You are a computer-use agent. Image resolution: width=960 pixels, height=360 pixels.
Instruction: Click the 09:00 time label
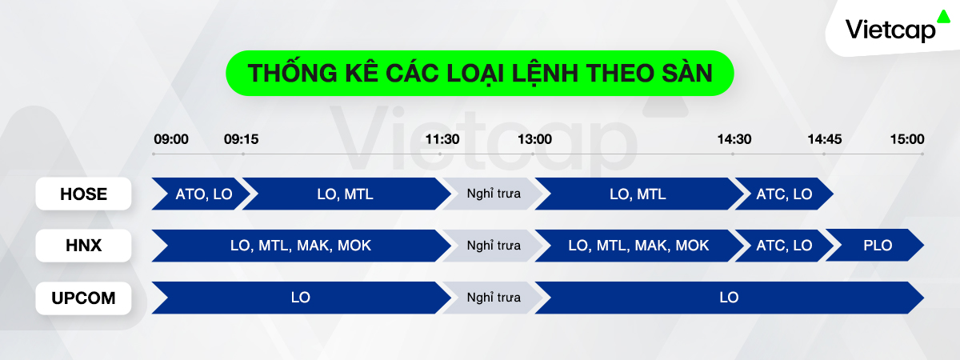(x=171, y=139)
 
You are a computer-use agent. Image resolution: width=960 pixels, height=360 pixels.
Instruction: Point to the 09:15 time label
(x=242, y=139)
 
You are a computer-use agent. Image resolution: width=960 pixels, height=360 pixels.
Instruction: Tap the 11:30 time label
(x=442, y=139)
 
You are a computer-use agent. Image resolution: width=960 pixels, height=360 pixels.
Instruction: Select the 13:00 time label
(x=535, y=139)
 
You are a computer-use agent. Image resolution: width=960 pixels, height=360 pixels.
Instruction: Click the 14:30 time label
(x=734, y=139)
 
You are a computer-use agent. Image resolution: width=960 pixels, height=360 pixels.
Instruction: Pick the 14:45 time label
(x=825, y=139)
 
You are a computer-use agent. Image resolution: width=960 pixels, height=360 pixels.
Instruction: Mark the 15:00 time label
(x=907, y=139)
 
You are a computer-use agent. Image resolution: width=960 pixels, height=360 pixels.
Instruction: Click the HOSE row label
(x=83, y=194)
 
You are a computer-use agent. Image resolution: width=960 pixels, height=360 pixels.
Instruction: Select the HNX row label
(x=83, y=246)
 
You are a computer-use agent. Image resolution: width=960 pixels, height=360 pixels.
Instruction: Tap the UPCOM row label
(x=83, y=298)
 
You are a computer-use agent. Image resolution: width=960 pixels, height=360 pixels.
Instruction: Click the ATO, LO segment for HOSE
(x=202, y=194)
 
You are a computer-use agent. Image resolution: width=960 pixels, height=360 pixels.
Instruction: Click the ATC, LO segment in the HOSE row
(x=784, y=194)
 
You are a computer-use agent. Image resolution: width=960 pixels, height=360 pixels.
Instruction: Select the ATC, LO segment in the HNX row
(x=784, y=245)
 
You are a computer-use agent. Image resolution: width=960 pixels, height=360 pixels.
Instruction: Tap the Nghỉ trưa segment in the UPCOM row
(x=494, y=298)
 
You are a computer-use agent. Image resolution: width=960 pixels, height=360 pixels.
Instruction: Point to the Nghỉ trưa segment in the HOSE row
(x=494, y=194)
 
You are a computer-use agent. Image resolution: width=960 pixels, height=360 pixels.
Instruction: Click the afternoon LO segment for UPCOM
(x=730, y=298)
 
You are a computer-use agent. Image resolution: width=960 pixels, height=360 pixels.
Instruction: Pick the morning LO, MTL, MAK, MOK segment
(x=302, y=246)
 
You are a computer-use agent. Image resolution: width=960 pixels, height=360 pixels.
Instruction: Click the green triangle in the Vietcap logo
(x=943, y=16)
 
